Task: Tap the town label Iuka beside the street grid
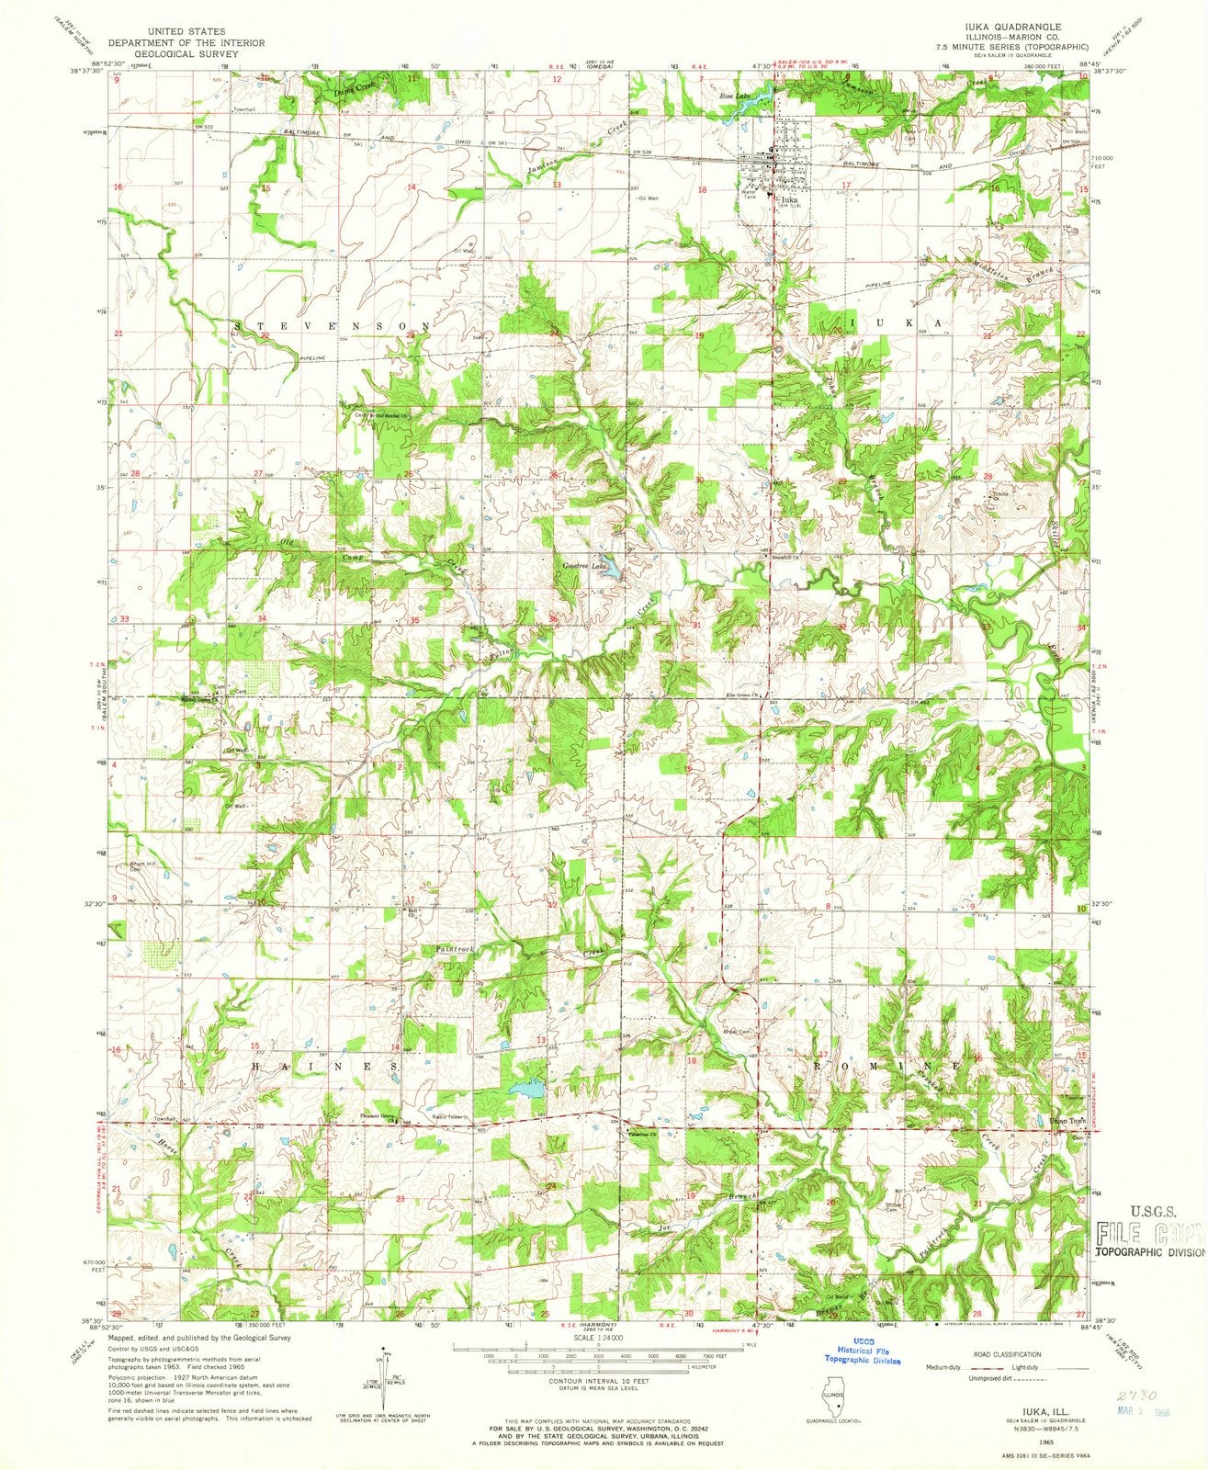pyautogui.click(x=788, y=198)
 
